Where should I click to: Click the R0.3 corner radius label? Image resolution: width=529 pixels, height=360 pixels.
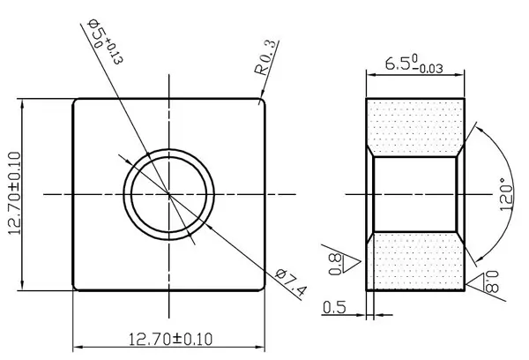click(267, 57)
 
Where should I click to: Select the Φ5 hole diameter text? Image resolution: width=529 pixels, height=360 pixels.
click(97, 33)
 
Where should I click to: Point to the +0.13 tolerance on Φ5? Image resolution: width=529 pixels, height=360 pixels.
click(115, 50)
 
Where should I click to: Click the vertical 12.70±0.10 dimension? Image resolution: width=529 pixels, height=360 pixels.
click(15, 193)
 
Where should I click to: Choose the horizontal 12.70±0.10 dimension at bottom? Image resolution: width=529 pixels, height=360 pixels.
click(171, 339)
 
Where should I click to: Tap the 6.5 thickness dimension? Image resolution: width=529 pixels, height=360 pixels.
click(398, 64)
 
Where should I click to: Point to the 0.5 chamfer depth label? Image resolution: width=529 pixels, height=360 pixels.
click(334, 307)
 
